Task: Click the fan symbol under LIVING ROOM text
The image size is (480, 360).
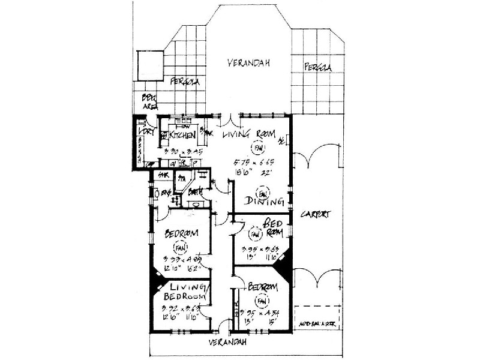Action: coord(258,147)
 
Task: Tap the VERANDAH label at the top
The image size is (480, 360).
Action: coord(248,62)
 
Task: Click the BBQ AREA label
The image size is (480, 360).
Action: coord(147,102)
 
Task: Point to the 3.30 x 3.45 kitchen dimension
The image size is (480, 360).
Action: coord(183,152)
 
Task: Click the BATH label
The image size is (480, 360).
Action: coord(194,193)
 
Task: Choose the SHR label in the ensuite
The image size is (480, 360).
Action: coord(160,176)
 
